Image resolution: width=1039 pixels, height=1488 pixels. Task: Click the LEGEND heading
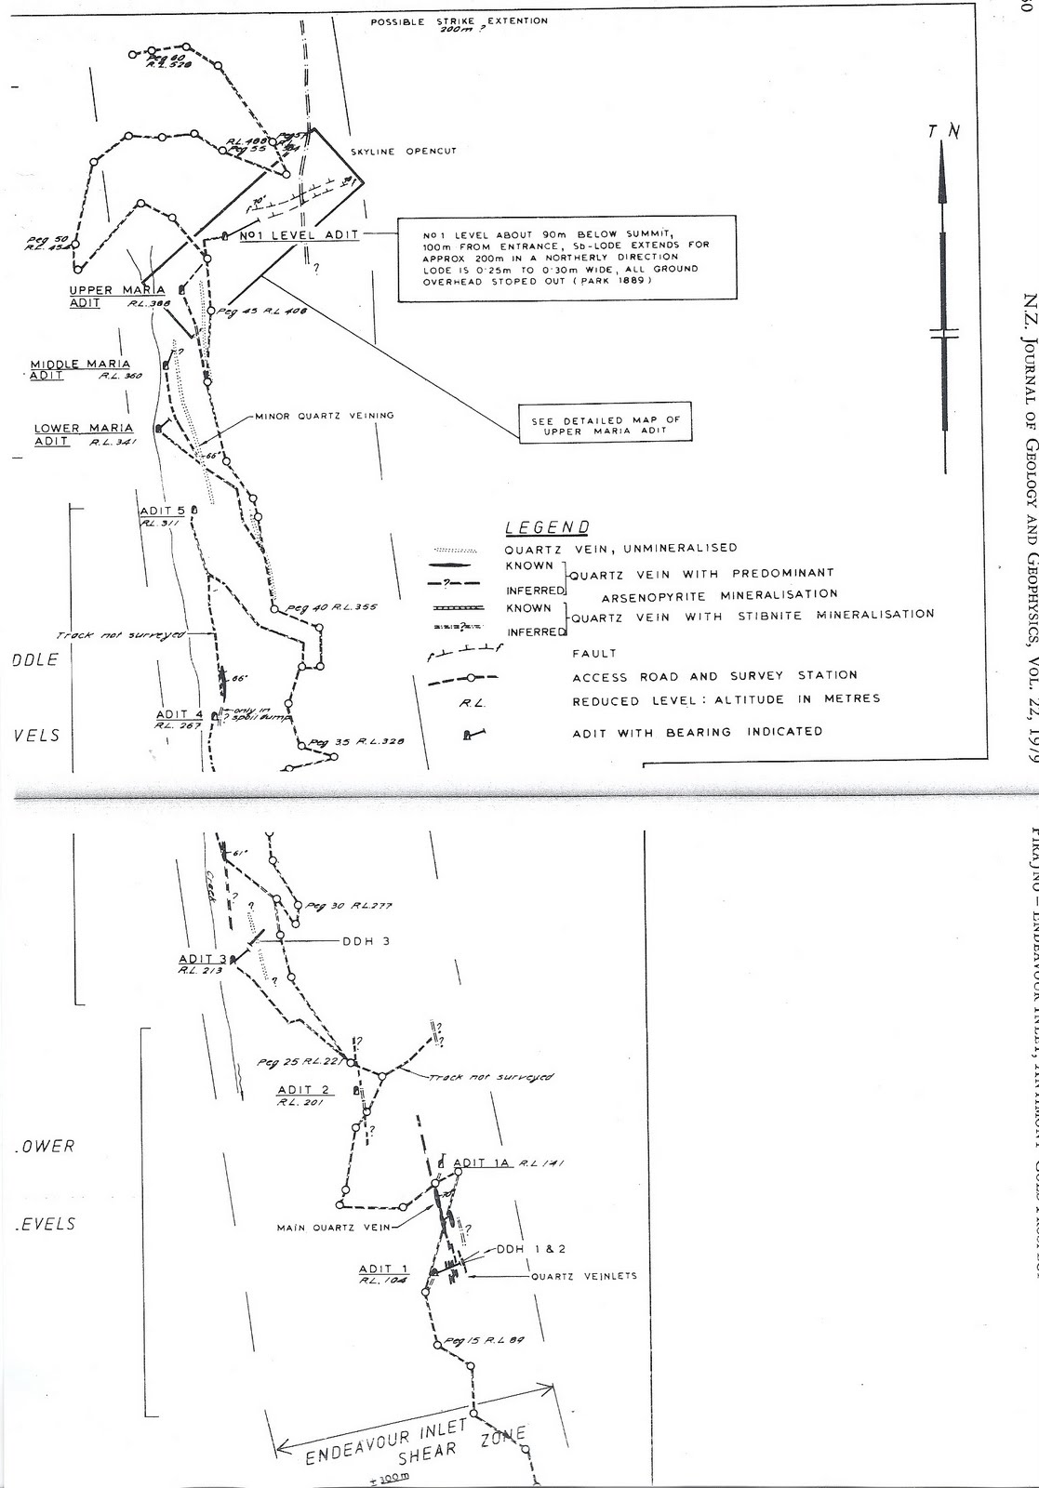pos(547,528)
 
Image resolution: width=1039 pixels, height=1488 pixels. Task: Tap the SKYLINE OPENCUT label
pos(404,152)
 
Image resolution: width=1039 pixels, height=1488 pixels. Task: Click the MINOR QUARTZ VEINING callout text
pos(325,416)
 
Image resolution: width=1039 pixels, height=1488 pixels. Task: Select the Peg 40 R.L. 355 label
pos(330,608)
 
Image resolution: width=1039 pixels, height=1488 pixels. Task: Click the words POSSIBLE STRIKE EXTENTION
pos(459,21)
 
